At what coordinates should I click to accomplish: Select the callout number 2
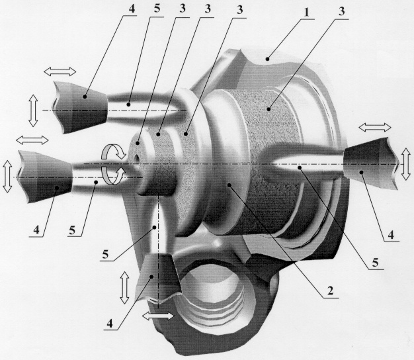(330, 291)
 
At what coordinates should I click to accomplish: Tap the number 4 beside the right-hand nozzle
(391, 234)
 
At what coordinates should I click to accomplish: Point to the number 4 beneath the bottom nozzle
(110, 323)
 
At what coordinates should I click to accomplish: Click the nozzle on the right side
(370, 163)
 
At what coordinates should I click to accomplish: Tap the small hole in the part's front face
(137, 158)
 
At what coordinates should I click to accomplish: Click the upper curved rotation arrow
(114, 151)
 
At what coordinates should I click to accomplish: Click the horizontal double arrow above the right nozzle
(375, 127)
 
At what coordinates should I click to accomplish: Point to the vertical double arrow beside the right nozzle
(406, 164)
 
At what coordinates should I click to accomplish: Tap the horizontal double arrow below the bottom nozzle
(158, 316)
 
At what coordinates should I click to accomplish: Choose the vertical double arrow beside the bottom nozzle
(124, 288)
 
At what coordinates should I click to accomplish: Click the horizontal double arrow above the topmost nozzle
(60, 71)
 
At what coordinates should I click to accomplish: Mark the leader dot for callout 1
(268, 59)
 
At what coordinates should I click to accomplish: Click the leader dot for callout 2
(229, 185)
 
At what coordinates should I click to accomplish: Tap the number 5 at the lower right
(375, 263)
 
